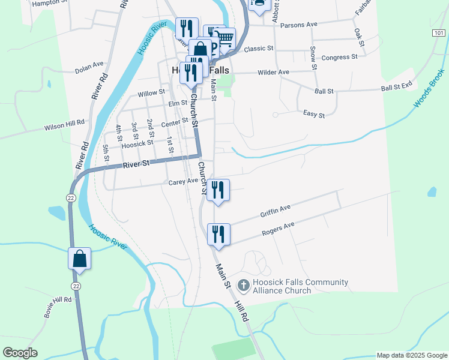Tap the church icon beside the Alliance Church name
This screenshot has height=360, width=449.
pos(244,285)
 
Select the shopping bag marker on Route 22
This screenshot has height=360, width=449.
pos(79,259)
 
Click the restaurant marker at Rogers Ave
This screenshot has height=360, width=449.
pos(218,233)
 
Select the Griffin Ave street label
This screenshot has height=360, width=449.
pos(276,211)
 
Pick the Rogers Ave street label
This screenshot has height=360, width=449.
pos(279,229)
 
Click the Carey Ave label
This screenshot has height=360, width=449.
pos(183,181)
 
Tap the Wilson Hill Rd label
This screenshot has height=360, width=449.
pos(64,125)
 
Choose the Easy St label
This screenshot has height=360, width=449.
pos(314,114)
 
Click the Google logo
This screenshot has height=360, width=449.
pos(19,353)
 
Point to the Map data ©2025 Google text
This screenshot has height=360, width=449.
pos(412,355)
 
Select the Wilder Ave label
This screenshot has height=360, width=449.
pos(273,72)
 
